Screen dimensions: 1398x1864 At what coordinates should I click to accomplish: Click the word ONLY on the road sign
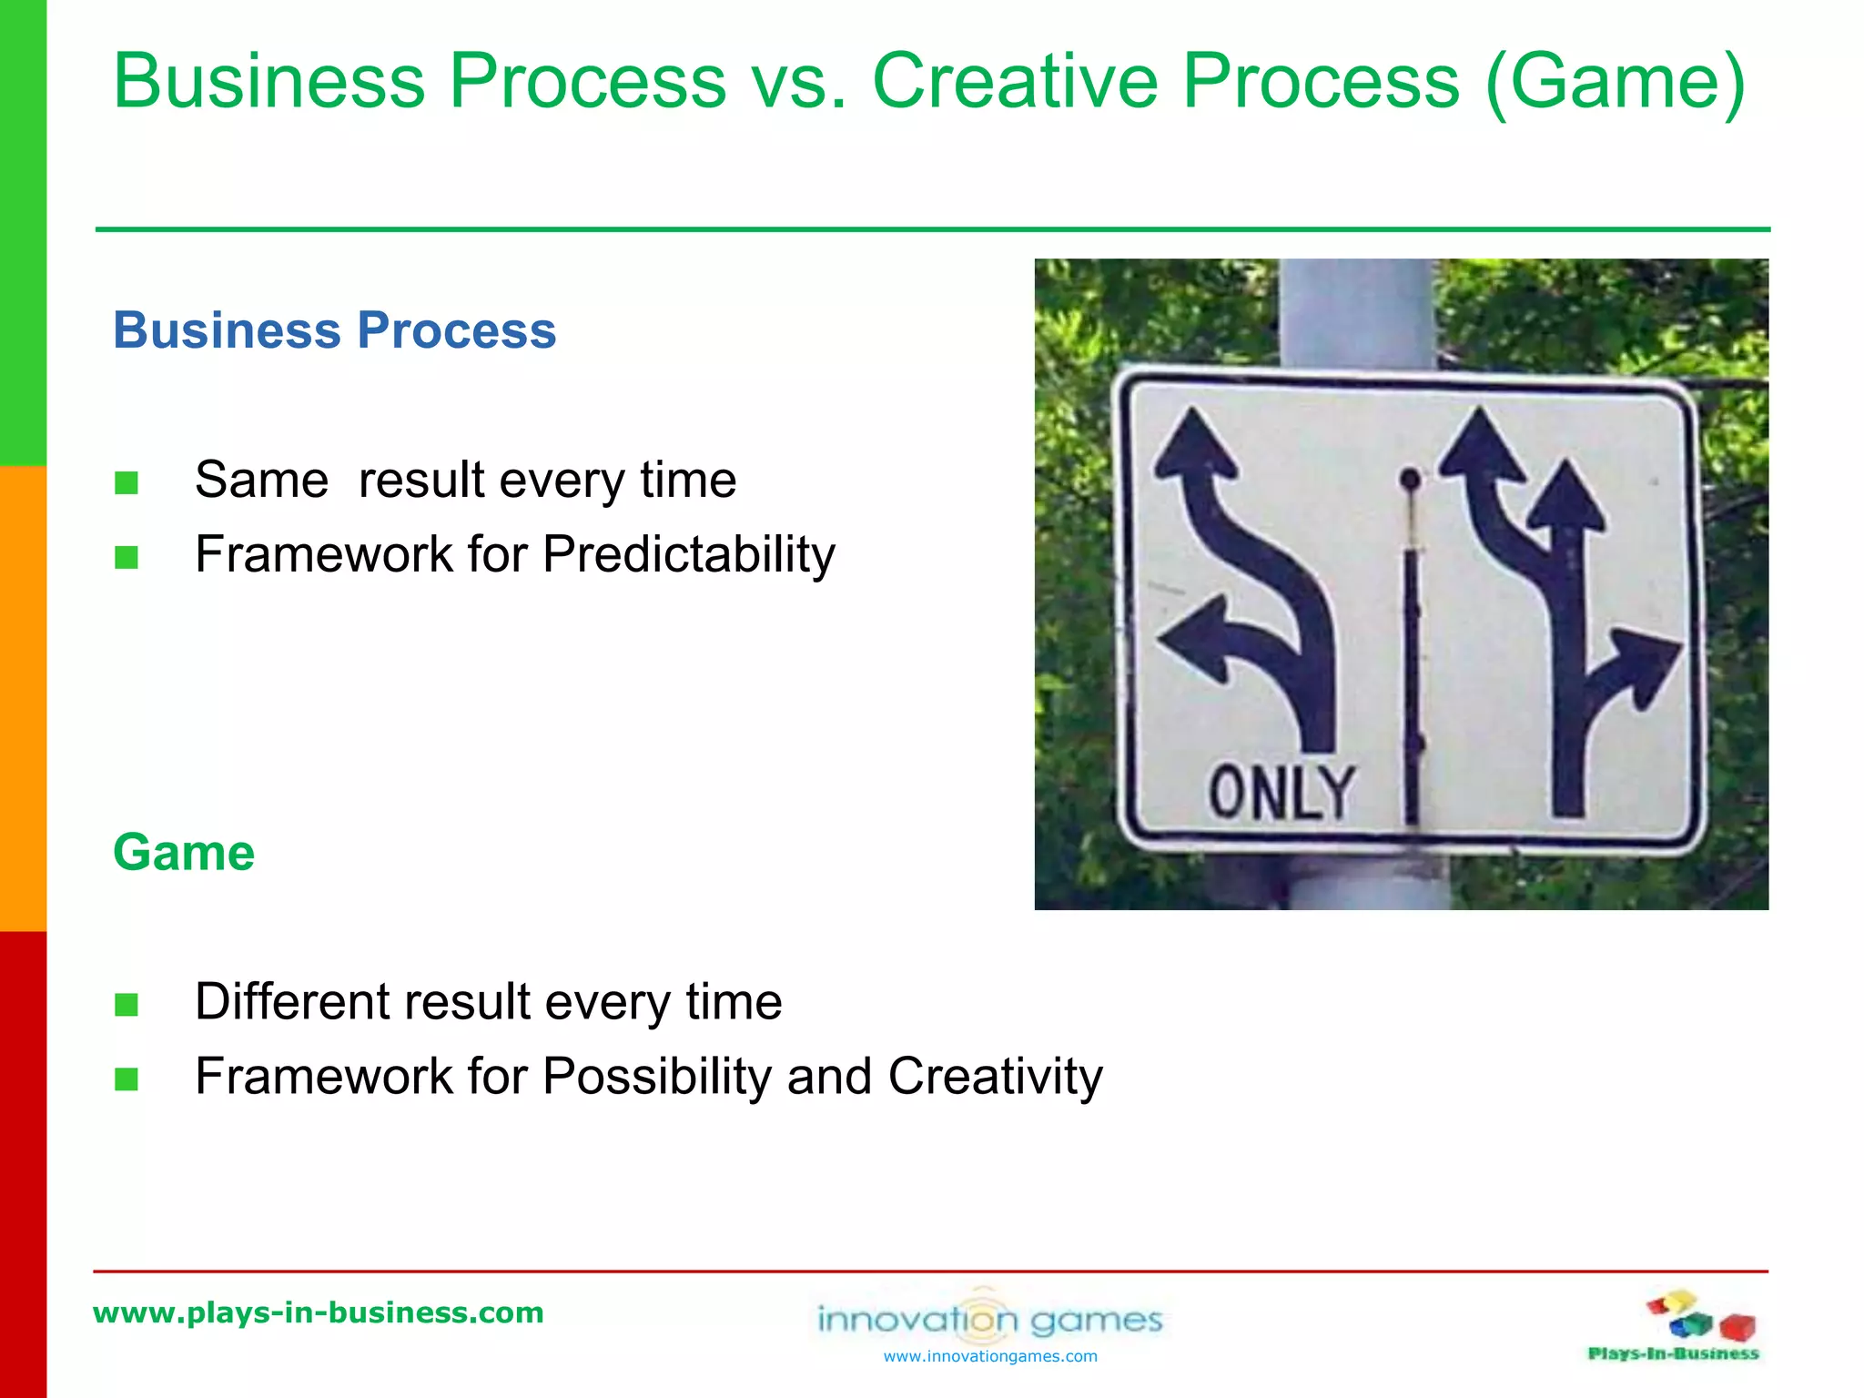pyautogui.click(x=1281, y=792)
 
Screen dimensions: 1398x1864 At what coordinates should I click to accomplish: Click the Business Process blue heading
pyautogui.click(x=334, y=329)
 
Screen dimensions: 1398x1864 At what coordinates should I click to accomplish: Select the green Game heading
pyautogui.click(x=183, y=853)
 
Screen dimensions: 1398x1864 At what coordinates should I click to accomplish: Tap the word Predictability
pyautogui.click(x=688, y=554)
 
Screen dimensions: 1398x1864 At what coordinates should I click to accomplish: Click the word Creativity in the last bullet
pyautogui.click(x=995, y=1077)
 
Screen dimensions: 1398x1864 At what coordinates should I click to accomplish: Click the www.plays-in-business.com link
pyautogui.click(x=318, y=1312)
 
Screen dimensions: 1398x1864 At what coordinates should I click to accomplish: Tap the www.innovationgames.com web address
pyautogui.click(x=990, y=1356)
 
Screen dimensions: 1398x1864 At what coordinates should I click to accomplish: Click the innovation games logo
pyautogui.click(x=990, y=1318)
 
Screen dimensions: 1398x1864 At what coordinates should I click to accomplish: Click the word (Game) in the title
pyautogui.click(x=1615, y=82)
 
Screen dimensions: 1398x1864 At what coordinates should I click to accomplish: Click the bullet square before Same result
pyautogui.click(x=127, y=482)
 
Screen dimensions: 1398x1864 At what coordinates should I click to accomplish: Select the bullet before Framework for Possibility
pyautogui.click(x=127, y=1079)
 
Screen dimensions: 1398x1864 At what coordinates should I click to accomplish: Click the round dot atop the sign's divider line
pyautogui.click(x=1410, y=479)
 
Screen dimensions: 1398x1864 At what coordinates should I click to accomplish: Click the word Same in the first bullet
pyautogui.click(x=261, y=481)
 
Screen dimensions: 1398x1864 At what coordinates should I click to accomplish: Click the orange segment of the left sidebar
pyautogui.click(x=23, y=698)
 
